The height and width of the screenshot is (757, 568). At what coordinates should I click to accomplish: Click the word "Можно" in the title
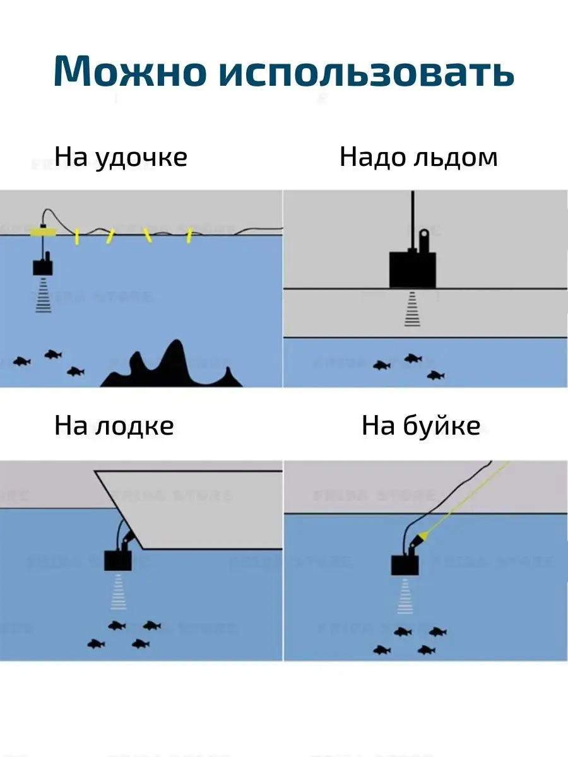pos(129,71)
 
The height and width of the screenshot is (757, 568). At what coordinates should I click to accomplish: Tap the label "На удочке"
pos(121,157)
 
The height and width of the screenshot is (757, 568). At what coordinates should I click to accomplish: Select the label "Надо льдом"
pos(418,157)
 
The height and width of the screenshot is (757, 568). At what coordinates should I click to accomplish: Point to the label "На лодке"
pos(114,426)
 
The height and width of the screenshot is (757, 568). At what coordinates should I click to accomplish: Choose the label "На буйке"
pos(420,426)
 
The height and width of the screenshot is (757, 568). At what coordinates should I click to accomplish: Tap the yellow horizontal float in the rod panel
pos(43,232)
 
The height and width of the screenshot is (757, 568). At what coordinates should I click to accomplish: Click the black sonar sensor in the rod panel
pos(43,267)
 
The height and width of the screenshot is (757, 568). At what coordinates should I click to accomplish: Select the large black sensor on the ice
pos(412,269)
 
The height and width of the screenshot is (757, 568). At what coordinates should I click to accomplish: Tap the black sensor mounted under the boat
pos(119,559)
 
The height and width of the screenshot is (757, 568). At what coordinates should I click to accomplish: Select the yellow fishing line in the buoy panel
pos(467,498)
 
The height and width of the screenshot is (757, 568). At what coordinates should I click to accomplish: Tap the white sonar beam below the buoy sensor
pos(404,597)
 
